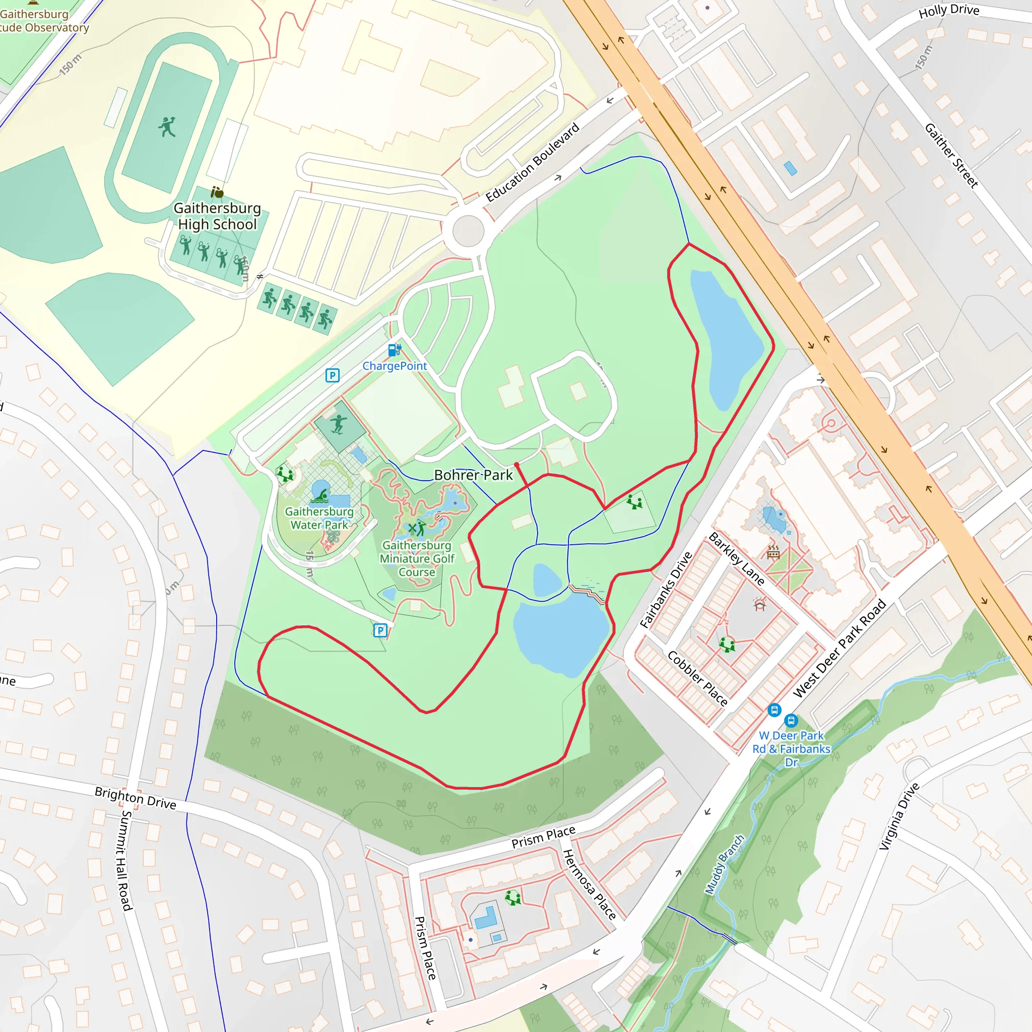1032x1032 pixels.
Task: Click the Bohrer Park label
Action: tap(473, 475)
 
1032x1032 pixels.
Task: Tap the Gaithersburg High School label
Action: tap(217, 216)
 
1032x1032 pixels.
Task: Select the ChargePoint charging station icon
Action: tap(394, 350)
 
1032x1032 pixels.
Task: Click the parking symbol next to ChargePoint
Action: tap(332, 375)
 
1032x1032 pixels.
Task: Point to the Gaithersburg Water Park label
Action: tap(319, 518)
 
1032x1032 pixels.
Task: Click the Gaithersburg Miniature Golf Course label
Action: tap(417, 559)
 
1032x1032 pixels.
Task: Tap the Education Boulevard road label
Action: tap(532, 162)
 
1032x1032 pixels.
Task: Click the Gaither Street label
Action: tap(951, 155)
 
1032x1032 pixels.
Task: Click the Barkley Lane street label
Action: tap(737, 558)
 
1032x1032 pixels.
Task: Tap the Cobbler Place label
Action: tap(697, 678)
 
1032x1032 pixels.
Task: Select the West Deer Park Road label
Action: tap(840, 649)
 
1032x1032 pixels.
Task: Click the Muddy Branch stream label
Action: tap(724, 864)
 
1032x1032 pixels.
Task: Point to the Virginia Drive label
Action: tap(899, 816)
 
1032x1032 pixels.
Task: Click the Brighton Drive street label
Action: tap(135, 798)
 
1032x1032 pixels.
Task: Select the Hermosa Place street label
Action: tap(590, 884)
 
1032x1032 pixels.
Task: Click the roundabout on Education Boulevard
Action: tap(468, 231)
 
